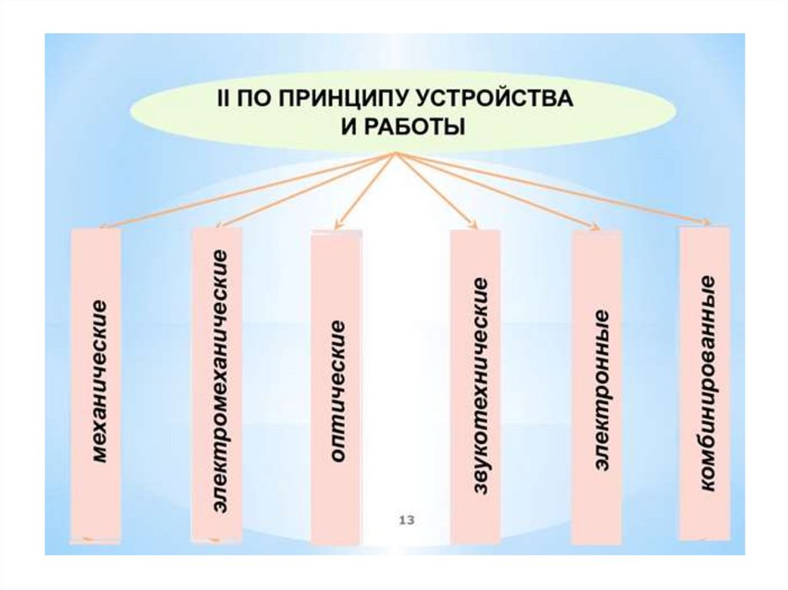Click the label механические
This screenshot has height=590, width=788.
(x=97, y=382)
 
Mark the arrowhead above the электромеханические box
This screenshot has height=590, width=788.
(x=222, y=224)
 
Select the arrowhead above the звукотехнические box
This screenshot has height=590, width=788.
(x=475, y=226)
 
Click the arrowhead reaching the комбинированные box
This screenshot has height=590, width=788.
(x=706, y=223)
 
